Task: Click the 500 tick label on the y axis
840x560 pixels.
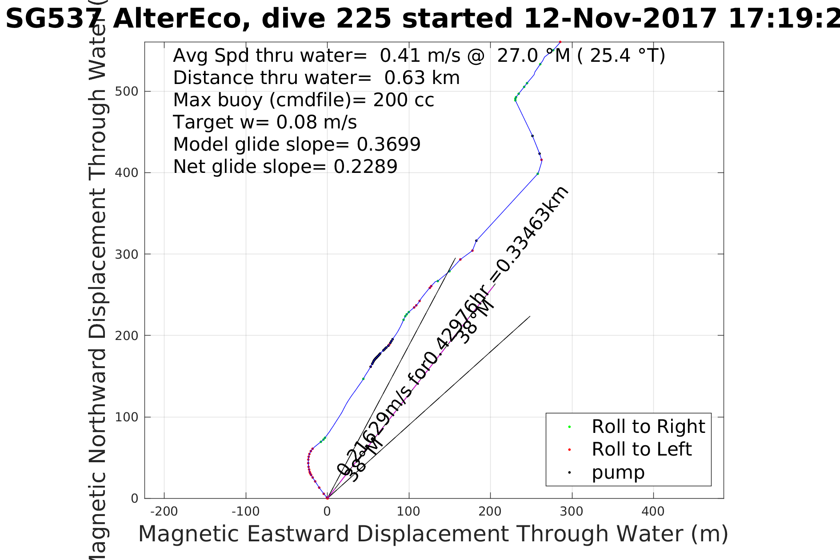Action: [126, 92]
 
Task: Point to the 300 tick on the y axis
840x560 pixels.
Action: [145, 254]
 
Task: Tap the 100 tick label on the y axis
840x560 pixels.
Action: [126, 417]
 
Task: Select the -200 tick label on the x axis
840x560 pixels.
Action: [164, 512]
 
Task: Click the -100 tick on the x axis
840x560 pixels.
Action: [246, 498]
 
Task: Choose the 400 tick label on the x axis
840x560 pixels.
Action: [653, 512]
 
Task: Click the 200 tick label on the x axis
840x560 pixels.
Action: [490, 512]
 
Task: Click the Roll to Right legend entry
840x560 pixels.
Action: [648, 427]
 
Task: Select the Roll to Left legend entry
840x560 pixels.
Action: [641, 449]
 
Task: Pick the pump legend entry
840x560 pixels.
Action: [618, 472]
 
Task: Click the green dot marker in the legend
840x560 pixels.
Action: [569, 427]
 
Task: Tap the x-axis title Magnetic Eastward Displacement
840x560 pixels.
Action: [433, 534]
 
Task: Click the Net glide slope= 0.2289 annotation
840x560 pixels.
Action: [285, 167]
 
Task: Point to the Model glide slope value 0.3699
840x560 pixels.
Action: [388, 144]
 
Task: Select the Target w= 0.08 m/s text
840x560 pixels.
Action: [264, 122]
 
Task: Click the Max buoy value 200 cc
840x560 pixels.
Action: [403, 100]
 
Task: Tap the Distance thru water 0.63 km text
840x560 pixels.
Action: [316, 78]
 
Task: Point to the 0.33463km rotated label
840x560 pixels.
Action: [529, 236]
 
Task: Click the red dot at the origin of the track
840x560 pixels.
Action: [327, 498]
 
